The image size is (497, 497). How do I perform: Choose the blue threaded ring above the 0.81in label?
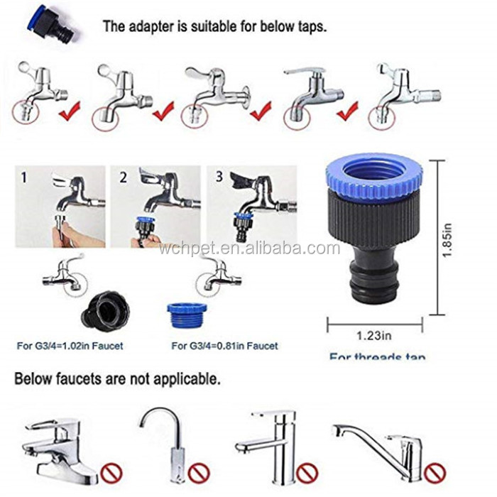187,315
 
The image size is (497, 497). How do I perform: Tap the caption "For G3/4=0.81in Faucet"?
224,346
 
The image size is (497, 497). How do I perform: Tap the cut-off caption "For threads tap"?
377,356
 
